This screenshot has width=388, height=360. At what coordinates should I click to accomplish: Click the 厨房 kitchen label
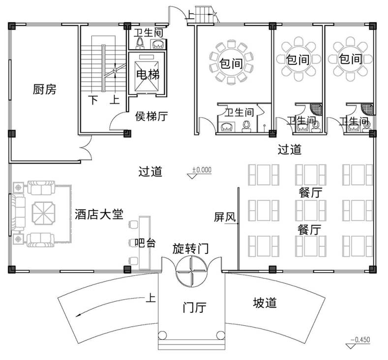[x=45, y=90]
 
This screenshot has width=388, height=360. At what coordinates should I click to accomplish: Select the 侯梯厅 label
[x=151, y=117]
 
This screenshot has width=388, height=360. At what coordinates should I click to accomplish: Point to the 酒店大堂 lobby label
[x=99, y=215]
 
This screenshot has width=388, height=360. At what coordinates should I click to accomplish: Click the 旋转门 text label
[x=190, y=249]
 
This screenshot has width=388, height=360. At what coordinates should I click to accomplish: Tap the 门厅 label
[x=194, y=308]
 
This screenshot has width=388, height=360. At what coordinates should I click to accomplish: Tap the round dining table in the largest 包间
[x=231, y=63]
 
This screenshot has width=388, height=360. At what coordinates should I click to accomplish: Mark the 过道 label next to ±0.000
[x=150, y=172]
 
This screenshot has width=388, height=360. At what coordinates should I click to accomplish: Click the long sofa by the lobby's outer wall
[x=18, y=214]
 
